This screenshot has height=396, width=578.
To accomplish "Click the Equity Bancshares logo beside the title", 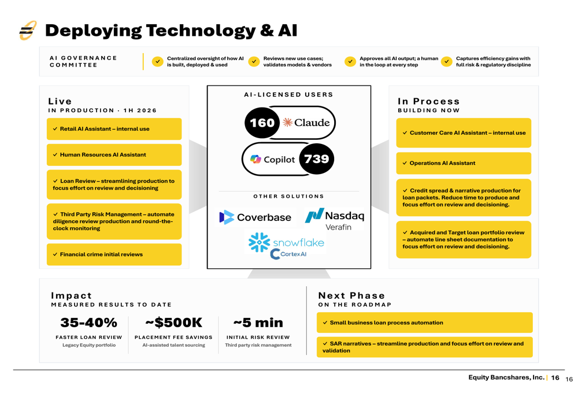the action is (x=28, y=31).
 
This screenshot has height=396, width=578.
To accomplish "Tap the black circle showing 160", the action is (x=262, y=123).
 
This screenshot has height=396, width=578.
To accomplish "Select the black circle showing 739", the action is (x=316, y=159).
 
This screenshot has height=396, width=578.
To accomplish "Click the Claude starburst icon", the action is (x=287, y=123).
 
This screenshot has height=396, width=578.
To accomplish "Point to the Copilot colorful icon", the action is (x=255, y=160).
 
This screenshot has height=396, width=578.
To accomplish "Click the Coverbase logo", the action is (x=255, y=217).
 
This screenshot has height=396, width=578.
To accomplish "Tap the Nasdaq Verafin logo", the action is (x=335, y=219).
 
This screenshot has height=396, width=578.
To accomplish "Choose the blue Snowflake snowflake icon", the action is (x=259, y=242).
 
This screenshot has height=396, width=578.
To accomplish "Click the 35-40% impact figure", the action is (x=89, y=323).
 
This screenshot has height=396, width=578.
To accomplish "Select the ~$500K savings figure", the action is (x=173, y=323).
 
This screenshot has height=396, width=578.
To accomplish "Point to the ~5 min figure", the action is (x=258, y=323).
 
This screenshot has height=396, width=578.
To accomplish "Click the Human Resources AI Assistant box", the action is (x=114, y=155).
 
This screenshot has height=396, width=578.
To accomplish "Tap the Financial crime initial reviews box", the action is (x=114, y=254).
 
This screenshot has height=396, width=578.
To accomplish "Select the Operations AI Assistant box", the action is (x=464, y=163).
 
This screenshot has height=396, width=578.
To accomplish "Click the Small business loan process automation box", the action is (x=425, y=323).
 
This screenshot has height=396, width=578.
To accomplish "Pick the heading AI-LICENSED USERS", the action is (x=288, y=95).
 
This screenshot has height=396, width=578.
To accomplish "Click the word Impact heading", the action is (x=71, y=296).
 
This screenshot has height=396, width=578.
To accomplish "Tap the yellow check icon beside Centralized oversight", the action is (x=158, y=62).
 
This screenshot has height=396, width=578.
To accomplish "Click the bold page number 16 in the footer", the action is (x=555, y=378).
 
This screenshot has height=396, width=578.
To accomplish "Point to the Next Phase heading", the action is (x=351, y=296).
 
